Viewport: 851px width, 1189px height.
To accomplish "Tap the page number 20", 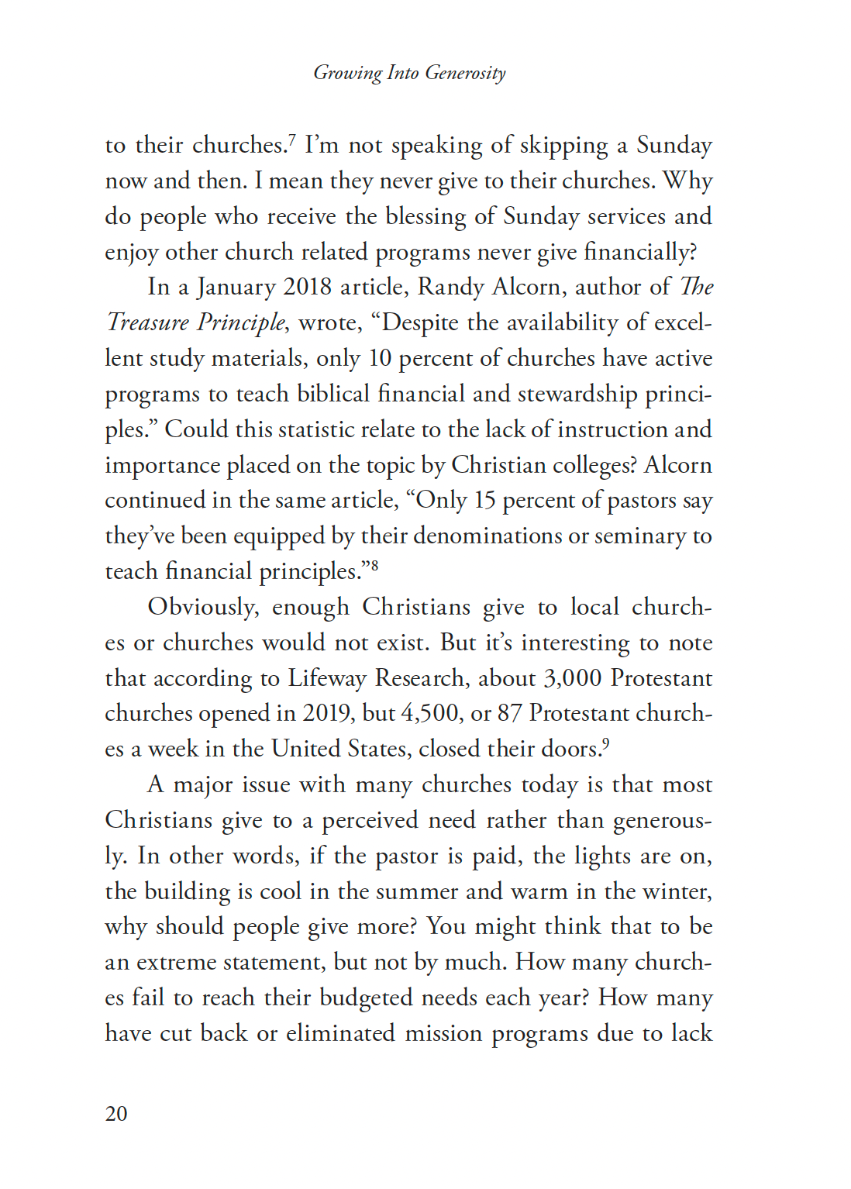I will click(116, 1114).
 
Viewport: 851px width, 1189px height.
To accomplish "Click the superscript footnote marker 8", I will click(374, 565).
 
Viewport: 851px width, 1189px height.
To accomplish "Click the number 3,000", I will click(572, 678).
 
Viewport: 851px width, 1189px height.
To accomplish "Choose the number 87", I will click(509, 714).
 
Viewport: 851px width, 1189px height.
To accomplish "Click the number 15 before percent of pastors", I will click(484, 501).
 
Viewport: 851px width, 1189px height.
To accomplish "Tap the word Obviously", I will click(203, 608).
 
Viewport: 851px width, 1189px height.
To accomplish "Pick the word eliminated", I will click(340, 1033).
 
